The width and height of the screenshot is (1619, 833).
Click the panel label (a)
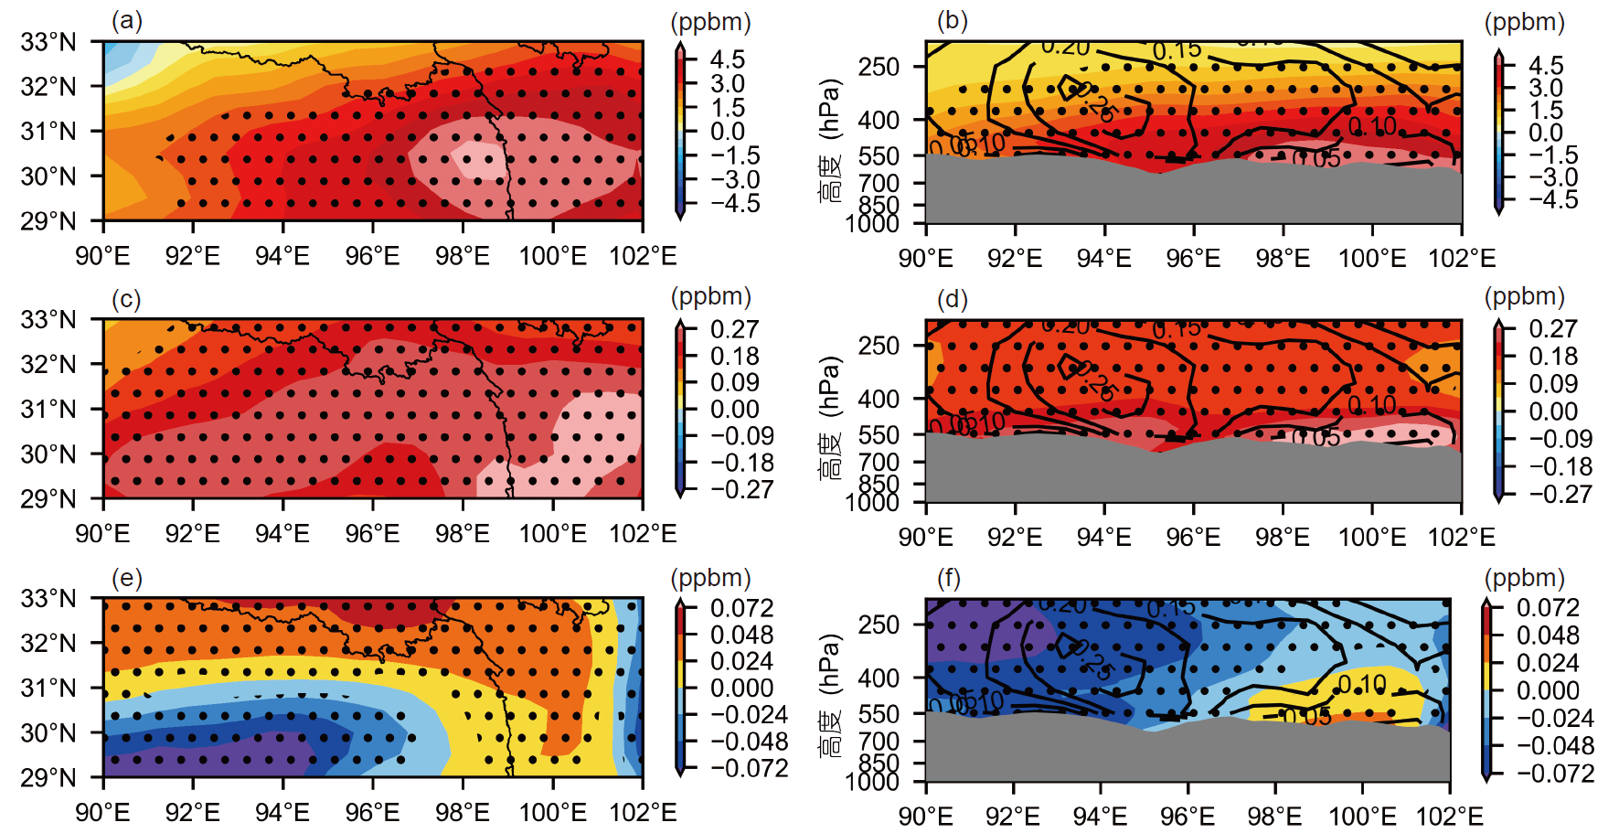click(x=127, y=20)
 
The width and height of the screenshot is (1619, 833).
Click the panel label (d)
click(x=953, y=299)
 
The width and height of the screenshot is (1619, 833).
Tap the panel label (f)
click(x=950, y=578)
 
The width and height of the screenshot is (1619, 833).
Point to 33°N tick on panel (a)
click(x=48, y=42)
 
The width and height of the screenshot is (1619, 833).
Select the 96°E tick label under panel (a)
click(x=373, y=256)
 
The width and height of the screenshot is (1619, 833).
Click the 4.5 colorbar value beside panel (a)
click(x=728, y=59)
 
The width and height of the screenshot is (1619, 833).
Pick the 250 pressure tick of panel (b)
click(x=879, y=67)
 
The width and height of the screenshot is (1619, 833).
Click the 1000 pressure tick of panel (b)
click(x=873, y=223)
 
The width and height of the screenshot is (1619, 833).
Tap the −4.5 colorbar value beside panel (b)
click(x=1553, y=199)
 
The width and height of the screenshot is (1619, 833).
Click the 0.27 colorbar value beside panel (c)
click(x=735, y=329)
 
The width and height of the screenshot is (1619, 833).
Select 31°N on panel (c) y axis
click(x=48, y=409)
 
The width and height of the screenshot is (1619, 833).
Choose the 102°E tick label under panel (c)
click(x=643, y=534)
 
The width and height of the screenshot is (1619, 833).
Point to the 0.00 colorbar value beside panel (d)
click(x=1553, y=411)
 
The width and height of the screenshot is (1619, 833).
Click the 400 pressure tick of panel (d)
click(x=879, y=399)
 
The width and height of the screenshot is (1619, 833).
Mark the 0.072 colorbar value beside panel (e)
click(x=741, y=608)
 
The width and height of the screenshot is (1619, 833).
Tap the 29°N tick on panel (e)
click(x=48, y=777)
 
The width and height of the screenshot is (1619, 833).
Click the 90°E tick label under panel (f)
click(x=926, y=816)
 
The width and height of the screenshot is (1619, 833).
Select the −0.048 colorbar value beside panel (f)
click(x=1555, y=745)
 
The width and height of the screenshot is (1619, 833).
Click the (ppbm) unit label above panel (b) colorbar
click(x=1524, y=22)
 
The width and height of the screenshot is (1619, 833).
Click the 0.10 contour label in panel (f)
click(x=1362, y=684)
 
